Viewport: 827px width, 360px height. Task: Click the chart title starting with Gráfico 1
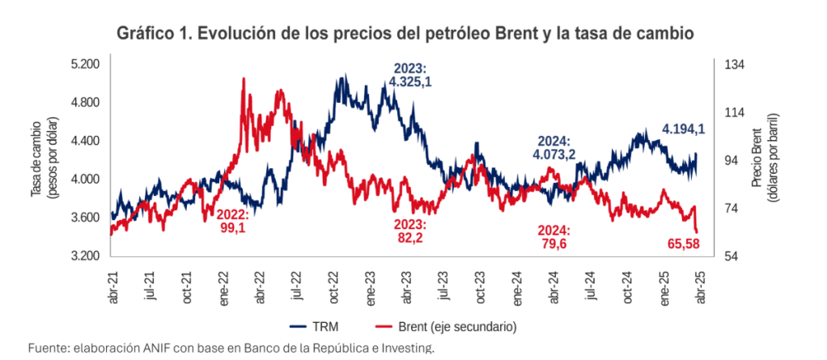coord(406,34)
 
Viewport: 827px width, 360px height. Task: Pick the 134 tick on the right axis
coord(736,65)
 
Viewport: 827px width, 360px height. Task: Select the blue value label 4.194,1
coord(684,129)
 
